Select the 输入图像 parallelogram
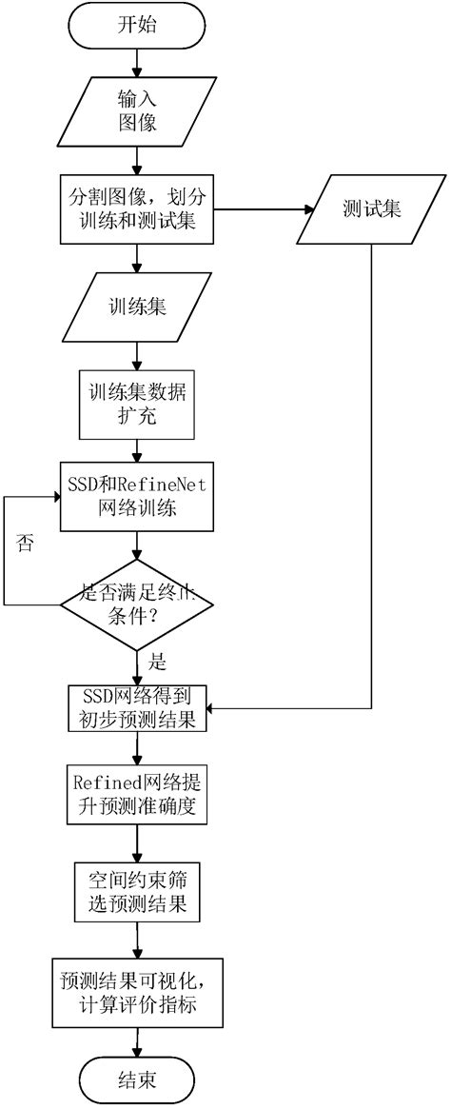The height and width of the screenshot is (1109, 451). pos(140,110)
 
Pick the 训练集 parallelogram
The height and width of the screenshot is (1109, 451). pos(140,306)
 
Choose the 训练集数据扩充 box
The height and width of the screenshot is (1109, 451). pos(140,403)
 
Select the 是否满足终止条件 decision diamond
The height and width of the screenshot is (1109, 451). pos(140,604)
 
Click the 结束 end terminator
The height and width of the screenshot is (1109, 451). pos(139,1079)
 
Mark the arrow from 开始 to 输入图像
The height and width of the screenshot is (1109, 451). pos(140,65)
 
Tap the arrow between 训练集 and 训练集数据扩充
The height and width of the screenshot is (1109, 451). pos(140,352)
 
